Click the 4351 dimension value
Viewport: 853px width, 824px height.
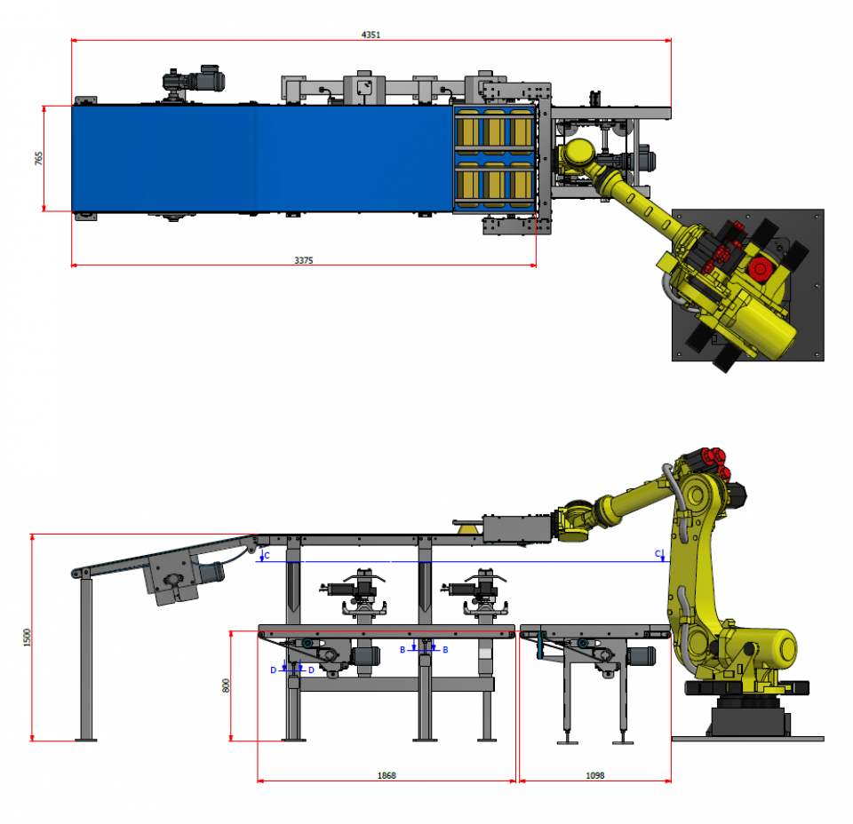pyautogui.click(x=371, y=35)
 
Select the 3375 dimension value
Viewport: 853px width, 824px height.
pyautogui.click(x=304, y=260)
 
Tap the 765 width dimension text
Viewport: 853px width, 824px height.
pyautogui.click(x=38, y=158)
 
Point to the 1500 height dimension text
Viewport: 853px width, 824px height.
pyautogui.click(x=27, y=637)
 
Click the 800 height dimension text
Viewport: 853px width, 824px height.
pyautogui.click(x=226, y=685)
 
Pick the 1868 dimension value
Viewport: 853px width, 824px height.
pyautogui.click(x=387, y=775)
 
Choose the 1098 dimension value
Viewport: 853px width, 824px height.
pyautogui.click(x=595, y=775)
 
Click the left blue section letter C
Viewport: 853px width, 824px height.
pyautogui.click(x=267, y=556)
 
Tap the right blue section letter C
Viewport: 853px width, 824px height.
pyautogui.click(x=658, y=554)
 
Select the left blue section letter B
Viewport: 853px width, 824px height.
pyautogui.click(x=403, y=650)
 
